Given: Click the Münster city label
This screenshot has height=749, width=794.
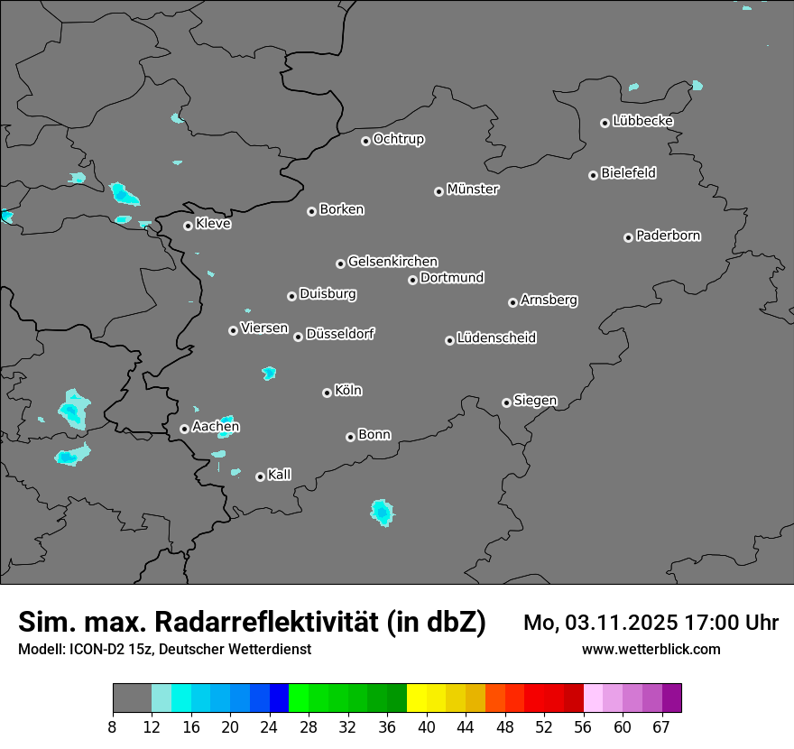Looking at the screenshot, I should (x=473, y=190).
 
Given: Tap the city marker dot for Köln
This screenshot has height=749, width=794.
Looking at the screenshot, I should (x=327, y=393).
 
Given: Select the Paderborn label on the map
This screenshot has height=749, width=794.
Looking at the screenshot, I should (x=669, y=236).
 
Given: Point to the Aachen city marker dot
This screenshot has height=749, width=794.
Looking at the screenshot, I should (x=184, y=429).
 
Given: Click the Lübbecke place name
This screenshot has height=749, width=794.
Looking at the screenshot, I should (x=642, y=121).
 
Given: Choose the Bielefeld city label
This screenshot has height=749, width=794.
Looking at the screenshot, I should (x=628, y=172).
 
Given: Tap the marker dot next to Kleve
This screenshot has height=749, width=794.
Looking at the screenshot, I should (x=188, y=226).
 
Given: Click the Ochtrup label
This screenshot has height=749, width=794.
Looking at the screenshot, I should (x=399, y=139).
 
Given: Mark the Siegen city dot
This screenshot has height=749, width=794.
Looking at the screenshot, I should (x=506, y=402).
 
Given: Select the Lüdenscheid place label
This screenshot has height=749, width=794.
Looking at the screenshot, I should (x=496, y=338).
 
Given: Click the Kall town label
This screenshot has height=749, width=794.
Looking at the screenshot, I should (x=280, y=475).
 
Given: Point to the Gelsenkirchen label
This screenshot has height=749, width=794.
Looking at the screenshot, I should (x=392, y=262).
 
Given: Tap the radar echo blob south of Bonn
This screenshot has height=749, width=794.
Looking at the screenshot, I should (x=383, y=513).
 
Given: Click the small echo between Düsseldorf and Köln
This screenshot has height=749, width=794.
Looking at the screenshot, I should (x=269, y=373).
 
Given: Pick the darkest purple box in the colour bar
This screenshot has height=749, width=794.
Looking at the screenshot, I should (x=672, y=698).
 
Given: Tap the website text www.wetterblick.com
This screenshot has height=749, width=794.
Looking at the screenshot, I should (x=651, y=649).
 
